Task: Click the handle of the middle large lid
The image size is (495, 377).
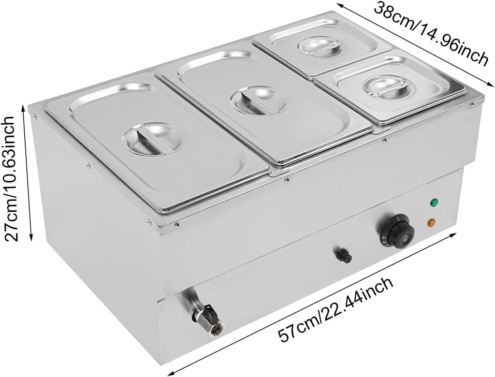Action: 253,101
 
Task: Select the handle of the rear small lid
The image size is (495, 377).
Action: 320,46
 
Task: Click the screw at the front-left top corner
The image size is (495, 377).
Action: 35,115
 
